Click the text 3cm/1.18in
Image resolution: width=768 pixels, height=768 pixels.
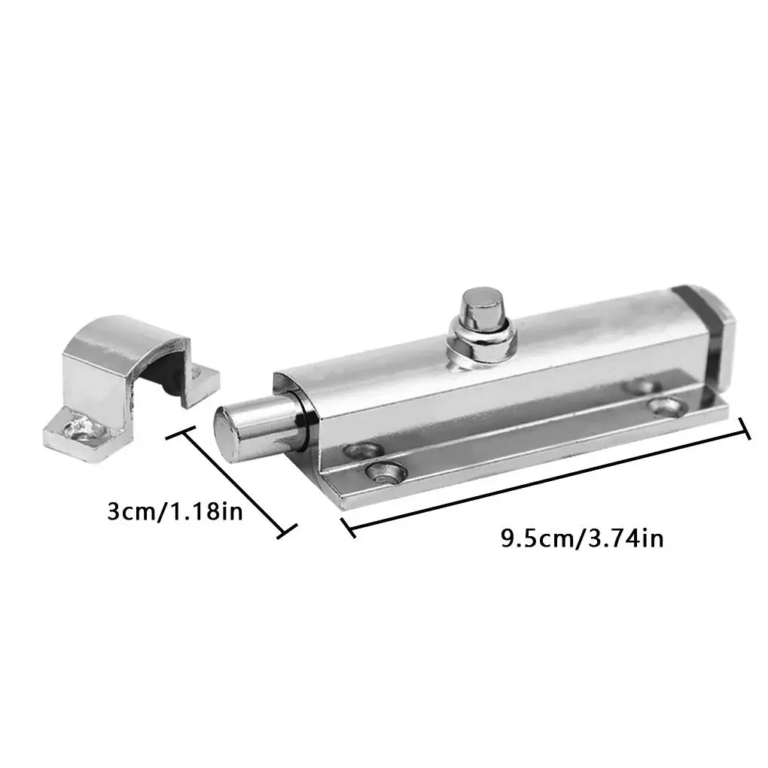click(175, 512)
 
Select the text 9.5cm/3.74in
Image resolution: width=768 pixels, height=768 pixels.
click(582, 538)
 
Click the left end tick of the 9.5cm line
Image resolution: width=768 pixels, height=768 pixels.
click(347, 527)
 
